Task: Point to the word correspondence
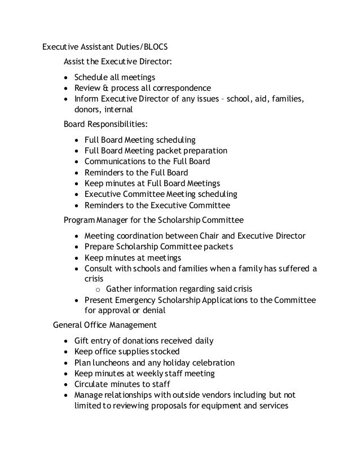[179, 89]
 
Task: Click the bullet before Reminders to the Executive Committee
[77, 206]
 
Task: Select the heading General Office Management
[104, 326]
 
